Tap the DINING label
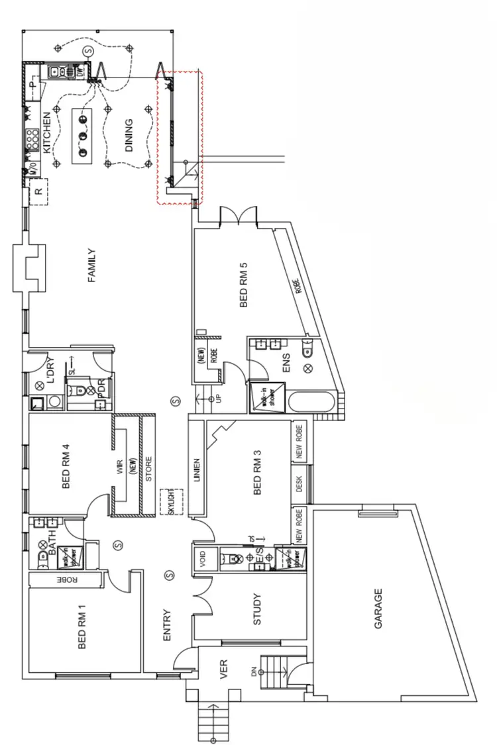129,135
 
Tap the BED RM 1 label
83,626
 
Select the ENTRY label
167,625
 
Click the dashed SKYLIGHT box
170,502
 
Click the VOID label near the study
202,560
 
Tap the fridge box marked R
39,193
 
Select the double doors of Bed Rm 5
237,215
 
